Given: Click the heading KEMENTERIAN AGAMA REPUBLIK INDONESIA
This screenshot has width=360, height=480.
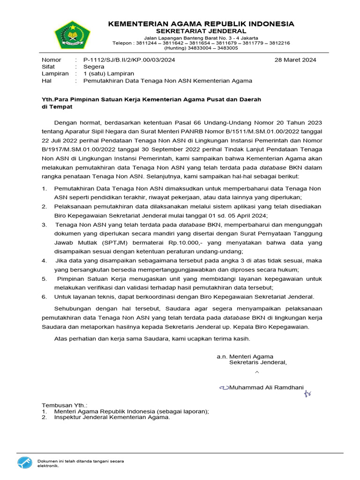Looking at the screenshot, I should (x=201, y=23).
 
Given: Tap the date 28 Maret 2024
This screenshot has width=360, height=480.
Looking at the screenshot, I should (x=295, y=60).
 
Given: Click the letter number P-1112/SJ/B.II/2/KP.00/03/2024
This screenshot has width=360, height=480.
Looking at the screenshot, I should (x=129, y=60).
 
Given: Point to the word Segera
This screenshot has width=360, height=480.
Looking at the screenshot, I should (x=94, y=67).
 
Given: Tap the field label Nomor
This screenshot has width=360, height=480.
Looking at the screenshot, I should (x=52, y=60).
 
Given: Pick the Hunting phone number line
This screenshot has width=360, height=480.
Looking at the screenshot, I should (x=201, y=48).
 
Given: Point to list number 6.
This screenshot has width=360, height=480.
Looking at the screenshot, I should (x=44, y=297).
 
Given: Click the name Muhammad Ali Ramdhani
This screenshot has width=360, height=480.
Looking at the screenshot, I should (x=267, y=387).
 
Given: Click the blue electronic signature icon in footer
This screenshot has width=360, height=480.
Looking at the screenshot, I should (x=26, y=463).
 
